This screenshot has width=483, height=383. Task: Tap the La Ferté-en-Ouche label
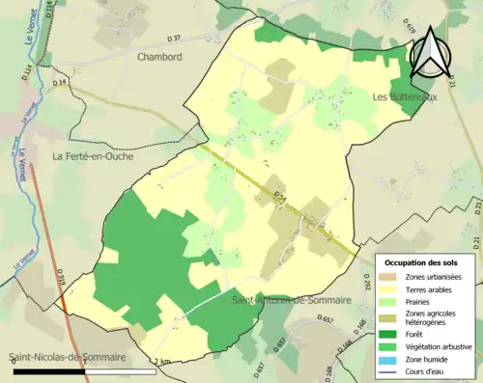tap(94, 156)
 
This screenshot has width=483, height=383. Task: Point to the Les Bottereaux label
tap(405, 97)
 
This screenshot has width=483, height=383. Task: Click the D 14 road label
tap(61, 84)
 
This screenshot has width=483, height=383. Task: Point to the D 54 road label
tap(280, 197)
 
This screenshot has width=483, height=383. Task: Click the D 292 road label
tap(367, 281)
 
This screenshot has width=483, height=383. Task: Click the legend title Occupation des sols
tap(421, 262)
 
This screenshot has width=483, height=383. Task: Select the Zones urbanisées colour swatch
tap(389, 278)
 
